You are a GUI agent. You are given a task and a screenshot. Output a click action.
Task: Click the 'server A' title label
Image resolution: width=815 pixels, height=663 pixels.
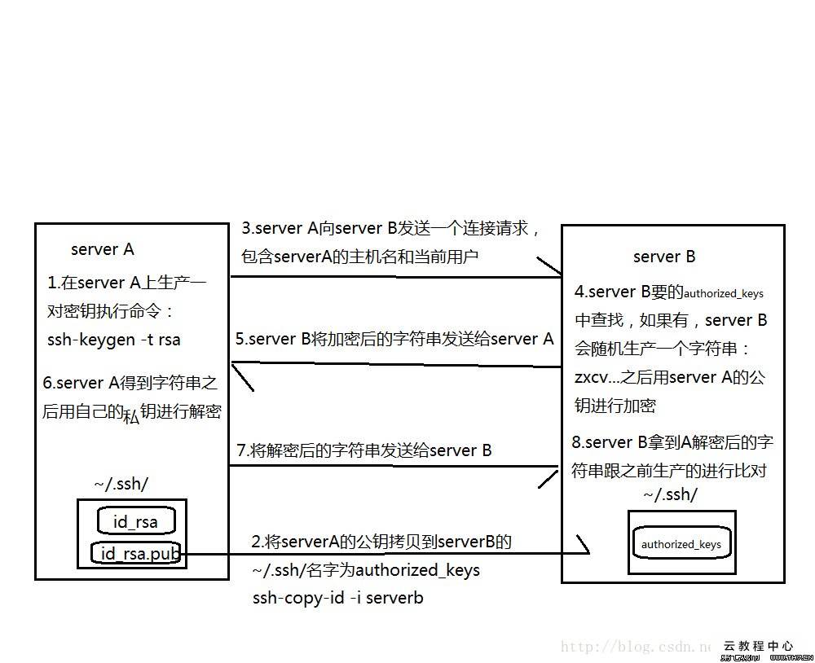point(102,249)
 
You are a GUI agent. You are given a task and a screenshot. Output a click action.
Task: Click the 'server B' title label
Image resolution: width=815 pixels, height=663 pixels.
point(664,257)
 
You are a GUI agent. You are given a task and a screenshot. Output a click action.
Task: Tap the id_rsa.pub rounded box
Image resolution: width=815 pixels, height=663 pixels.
point(135,555)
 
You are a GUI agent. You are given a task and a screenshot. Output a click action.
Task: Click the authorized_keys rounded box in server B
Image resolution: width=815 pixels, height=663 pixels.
point(681,544)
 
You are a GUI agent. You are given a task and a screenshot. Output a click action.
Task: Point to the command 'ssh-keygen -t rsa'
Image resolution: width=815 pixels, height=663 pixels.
point(114,340)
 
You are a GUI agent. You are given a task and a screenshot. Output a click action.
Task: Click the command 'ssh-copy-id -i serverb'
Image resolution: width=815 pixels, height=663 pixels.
point(337,597)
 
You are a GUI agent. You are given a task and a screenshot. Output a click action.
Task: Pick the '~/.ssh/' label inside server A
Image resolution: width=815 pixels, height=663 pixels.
point(121,484)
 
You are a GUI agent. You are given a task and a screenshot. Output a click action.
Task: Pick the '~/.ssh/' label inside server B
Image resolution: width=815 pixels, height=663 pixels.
point(670,494)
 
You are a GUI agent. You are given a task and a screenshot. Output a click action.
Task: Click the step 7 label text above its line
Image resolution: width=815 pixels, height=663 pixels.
point(363,450)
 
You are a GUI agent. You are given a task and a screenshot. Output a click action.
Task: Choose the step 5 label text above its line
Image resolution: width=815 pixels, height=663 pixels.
point(394,339)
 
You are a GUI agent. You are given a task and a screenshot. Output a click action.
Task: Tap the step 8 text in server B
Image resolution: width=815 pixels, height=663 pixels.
point(672,456)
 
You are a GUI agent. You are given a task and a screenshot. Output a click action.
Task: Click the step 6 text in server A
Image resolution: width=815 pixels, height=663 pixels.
point(131,397)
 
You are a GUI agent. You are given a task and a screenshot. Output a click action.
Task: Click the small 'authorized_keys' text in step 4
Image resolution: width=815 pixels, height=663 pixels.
point(724,293)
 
